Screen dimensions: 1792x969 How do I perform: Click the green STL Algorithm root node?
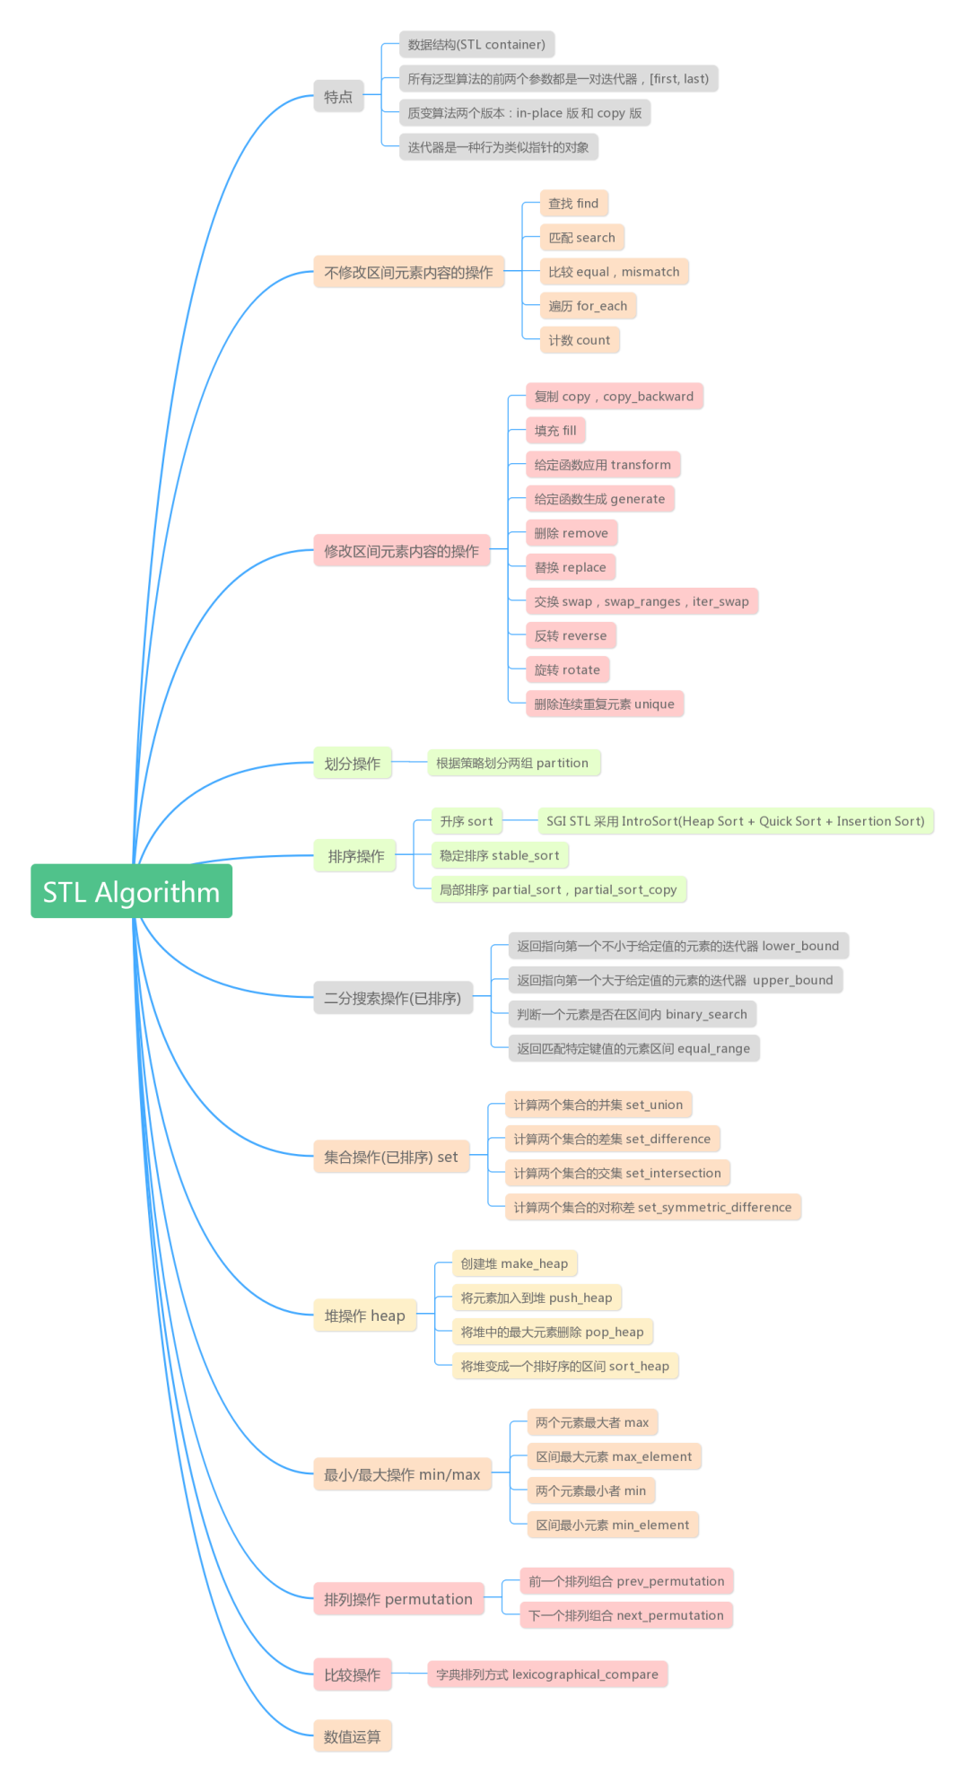131,891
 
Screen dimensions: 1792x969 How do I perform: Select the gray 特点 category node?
338,96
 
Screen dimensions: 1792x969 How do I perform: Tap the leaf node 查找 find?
573,204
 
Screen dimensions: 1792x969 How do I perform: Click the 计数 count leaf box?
579,340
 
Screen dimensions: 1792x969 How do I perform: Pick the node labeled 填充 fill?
555,431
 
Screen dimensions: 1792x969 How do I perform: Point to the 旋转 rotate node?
567,669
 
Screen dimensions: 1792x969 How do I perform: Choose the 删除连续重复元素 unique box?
604,704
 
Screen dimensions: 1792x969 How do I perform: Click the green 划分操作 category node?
352,764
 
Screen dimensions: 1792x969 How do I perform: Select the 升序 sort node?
466,821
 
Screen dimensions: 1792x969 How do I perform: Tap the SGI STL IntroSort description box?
735,821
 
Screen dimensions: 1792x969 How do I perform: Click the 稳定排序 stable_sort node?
499,855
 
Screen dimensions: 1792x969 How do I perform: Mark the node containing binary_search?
632,1014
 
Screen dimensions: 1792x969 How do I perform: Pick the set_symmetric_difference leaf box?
652,1207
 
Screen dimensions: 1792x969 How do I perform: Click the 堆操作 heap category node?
364,1316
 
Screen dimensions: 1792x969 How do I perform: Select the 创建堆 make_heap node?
514,1263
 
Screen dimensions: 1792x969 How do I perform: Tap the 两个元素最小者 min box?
590,1490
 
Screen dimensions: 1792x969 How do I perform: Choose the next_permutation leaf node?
625,1615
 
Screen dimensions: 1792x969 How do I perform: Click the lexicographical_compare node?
546,1674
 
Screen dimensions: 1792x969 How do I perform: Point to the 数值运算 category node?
352,1736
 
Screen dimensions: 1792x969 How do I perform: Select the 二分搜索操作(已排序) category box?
392,998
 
